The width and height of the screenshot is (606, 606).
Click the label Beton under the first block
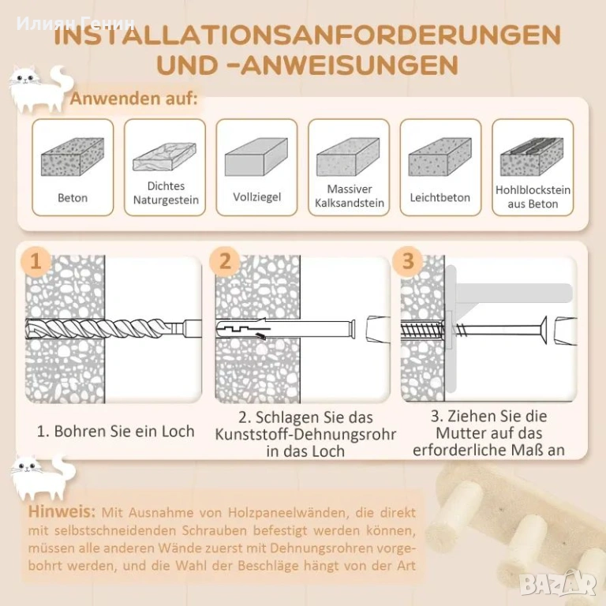pos(73,198)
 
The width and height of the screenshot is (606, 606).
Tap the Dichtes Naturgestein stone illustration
pos(165,156)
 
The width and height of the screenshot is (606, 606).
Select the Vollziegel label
pos(256,196)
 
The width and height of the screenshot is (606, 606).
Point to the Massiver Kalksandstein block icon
pos(348,156)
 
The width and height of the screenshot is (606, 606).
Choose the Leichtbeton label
pos(440,197)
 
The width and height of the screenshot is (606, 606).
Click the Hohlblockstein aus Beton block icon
pos(532,156)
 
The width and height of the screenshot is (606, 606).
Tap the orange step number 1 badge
pos(36,261)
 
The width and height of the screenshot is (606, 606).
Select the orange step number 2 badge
pos(225,261)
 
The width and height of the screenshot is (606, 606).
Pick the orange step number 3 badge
pos(408,261)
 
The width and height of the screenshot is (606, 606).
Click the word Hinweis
pos(62,511)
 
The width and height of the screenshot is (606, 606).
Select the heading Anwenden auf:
pos(133,99)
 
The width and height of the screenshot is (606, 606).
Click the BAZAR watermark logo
pos(558,583)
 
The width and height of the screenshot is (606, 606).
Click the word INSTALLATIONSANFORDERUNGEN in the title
pos(307,35)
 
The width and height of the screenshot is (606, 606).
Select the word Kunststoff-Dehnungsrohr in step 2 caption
pos(305,435)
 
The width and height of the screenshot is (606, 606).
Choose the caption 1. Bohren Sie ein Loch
pos(115,432)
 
